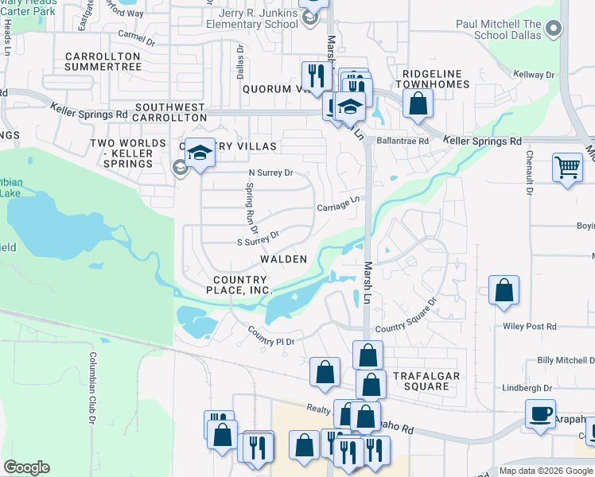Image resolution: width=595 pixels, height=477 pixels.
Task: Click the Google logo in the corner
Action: pyautogui.click(x=26, y=467)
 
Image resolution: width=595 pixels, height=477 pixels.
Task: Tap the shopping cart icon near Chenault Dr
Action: pyautogui.click(x=566, y=168)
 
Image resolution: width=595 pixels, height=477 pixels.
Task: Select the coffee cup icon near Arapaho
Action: pyautogui.click(x=540, y=413)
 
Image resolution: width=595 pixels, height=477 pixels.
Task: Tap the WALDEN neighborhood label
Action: pyautogui.click(x=283, y=260)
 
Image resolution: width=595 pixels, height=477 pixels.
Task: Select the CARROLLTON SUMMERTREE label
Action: pyautogui.click(x=103, y=62)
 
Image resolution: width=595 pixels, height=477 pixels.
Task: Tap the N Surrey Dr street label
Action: pyautogui.click(x=271, y=172)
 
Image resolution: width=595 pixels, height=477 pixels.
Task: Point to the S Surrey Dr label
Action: pyautogui.click(x=259, y=236)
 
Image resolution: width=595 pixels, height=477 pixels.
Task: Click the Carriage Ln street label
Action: pyautogui.click(x=340, y=205)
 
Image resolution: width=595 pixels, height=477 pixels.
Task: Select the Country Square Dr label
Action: pyautogui.click(x=406, y=316)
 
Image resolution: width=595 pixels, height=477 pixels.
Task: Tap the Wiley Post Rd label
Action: pyautogui.click(x=530, y=326)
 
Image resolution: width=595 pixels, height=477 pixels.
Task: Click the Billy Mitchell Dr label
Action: pyautogui.click(x=566, y=360)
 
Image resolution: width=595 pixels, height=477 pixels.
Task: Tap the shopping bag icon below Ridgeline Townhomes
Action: pyautogui.click(x=417, y=103)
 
